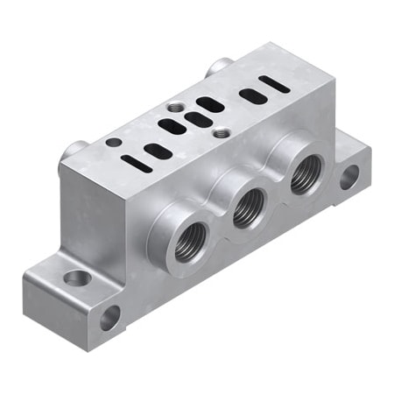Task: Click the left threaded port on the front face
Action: [x=191, y=242]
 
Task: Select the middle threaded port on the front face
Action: [x=249, y=208]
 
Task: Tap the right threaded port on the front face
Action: [x=304, y=176]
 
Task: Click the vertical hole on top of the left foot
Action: [x=77, y=278]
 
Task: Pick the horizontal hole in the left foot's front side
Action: [x=110, y=316]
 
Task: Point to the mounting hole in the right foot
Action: [x=348, y=178]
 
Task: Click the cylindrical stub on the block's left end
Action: [x=72, y=158]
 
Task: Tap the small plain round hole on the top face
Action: [x=113, y=141]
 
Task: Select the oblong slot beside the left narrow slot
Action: [x=158, y=151]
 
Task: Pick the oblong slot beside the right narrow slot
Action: [x=254, y=95]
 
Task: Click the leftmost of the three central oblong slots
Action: [x=172, y=126]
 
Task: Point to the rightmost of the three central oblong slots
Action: [x=210, y=104]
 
